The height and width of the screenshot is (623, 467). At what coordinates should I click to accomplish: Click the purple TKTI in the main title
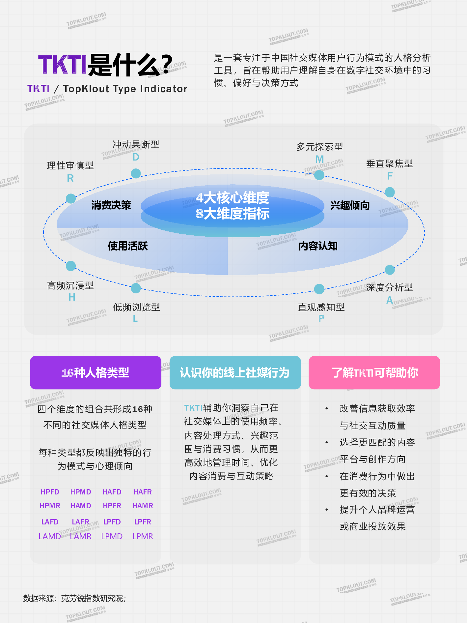point(63,64)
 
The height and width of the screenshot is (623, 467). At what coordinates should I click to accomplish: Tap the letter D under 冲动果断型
point(136,157)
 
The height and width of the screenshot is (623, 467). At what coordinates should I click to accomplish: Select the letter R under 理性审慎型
point(70,178)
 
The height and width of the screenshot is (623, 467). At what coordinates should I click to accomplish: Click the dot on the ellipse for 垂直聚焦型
point(390,192)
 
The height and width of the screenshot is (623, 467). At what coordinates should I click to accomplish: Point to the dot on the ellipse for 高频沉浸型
point(71,266)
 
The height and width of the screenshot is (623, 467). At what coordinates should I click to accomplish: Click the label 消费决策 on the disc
point(111,205)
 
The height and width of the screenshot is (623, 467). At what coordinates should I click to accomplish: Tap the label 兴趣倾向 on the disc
point(350,205)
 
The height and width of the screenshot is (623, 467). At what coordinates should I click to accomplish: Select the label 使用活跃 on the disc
point(128,246)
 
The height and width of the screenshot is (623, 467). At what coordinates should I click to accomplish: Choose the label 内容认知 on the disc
point(318,246)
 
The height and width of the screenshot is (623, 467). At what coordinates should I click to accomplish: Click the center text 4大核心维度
point(233,198)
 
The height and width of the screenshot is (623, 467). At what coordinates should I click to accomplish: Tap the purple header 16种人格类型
point(96,372)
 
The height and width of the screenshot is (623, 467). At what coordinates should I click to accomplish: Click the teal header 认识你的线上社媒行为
point(235,372)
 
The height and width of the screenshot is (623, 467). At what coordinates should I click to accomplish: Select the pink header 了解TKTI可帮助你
point(374,372)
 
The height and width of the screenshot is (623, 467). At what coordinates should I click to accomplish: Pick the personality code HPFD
point(50,492)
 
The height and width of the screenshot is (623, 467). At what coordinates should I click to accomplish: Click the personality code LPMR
point(143,536)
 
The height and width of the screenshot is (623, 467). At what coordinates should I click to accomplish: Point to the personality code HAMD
point(81,506)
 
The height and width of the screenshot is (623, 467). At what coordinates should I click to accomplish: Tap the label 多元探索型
point(320,147)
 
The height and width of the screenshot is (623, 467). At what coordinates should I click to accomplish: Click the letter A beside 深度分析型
point(390,300)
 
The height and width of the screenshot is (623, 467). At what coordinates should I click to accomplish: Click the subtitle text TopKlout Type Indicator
point(125,89)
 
